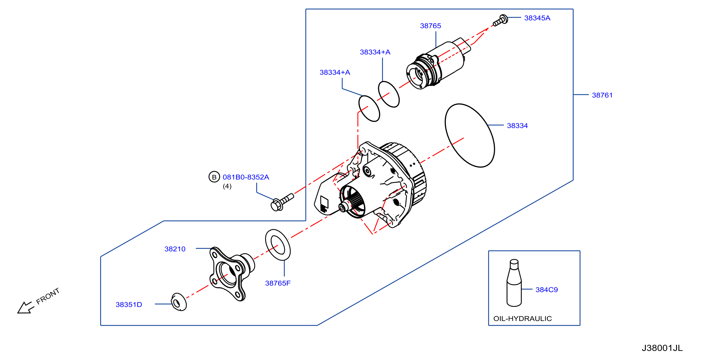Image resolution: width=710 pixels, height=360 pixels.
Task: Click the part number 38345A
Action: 537,18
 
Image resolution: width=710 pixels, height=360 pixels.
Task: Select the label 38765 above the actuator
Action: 430,26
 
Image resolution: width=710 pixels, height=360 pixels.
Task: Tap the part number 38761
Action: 602,95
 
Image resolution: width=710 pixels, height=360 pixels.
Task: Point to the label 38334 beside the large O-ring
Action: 517,126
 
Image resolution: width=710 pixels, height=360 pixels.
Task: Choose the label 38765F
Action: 278,283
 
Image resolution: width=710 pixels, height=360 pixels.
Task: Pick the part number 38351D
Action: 129,305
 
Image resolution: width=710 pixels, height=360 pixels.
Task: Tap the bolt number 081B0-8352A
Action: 246,177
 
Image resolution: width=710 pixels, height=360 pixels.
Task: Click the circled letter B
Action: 214,177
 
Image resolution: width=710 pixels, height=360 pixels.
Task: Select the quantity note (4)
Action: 227,186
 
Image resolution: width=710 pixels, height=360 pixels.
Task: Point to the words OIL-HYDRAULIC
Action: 522,319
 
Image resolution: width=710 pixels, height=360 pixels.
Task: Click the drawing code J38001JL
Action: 662,348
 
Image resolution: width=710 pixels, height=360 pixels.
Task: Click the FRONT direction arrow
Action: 25,308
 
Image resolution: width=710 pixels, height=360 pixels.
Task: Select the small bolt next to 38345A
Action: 500,21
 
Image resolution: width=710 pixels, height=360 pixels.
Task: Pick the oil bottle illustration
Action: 514,283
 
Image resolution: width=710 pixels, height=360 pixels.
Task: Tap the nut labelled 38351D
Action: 179,302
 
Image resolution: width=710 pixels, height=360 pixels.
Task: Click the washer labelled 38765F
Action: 278,245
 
